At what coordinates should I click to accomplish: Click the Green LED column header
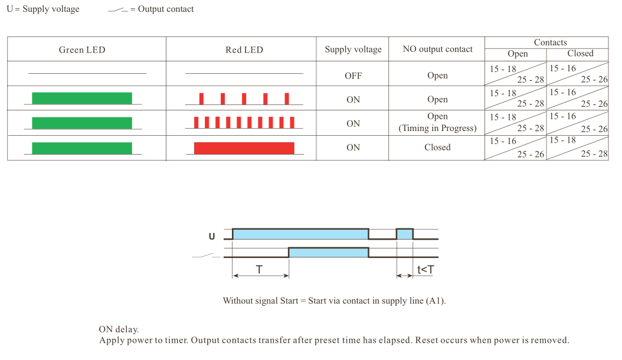(82, 50)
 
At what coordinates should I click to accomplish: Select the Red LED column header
(244, 50)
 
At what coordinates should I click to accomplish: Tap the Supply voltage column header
(353, 49)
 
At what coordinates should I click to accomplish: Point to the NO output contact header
(437, 49)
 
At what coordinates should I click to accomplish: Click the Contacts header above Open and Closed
(550, 42)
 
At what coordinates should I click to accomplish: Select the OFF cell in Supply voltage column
(353, 76)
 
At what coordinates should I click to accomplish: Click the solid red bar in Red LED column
(244, 148)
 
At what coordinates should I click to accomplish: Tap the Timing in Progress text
(437, 128)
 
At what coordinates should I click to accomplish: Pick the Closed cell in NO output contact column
(437, 148)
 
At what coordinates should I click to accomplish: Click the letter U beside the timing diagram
(212, 236)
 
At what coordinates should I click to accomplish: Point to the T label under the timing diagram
(259, 270)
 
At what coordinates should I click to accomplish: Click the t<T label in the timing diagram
(425, 270)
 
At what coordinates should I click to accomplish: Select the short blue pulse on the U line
(405, 234)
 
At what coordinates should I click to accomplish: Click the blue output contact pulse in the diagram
(329, 253)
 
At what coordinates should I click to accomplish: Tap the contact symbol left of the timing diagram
(206, 256)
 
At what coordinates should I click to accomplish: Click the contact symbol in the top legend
(118, 9)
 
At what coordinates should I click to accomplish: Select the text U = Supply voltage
(43, 9)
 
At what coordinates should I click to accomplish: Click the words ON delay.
(119, 329)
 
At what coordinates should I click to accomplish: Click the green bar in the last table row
(82, 148)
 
